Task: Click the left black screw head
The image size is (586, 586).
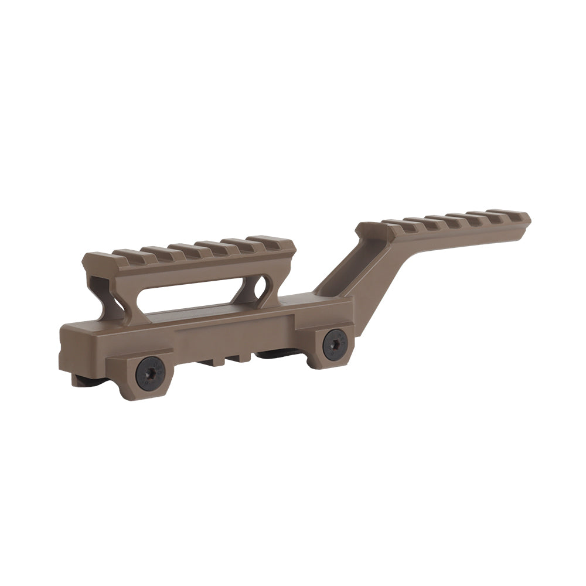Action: (x=149, y=373)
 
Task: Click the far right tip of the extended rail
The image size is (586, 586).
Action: (x=527, y=219)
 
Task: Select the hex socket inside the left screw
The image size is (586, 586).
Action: (x=149, y=373)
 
